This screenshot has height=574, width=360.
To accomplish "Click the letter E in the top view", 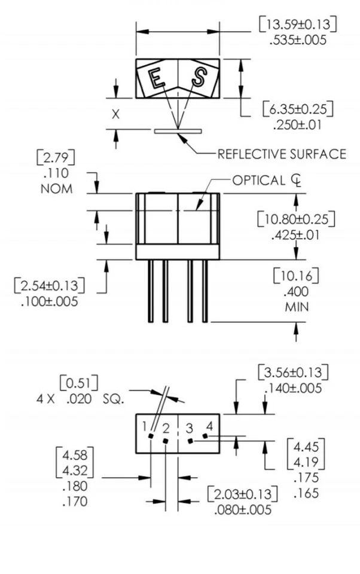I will [x=157, y=78].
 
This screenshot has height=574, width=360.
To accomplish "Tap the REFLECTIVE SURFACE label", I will [x=281, y=154].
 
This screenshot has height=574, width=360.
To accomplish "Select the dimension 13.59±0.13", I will [x=297, y=25].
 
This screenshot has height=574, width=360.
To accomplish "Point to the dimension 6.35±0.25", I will [x=297, y=109].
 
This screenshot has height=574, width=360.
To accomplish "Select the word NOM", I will [x=57, y=189].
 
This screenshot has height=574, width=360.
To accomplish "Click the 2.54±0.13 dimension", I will [x=49, y=285].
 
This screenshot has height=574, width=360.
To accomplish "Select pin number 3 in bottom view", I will [x=189, y=428].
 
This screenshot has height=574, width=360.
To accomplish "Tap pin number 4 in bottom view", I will [x=209, y=425].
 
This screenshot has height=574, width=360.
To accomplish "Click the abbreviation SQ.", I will [x=113, y=398].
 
